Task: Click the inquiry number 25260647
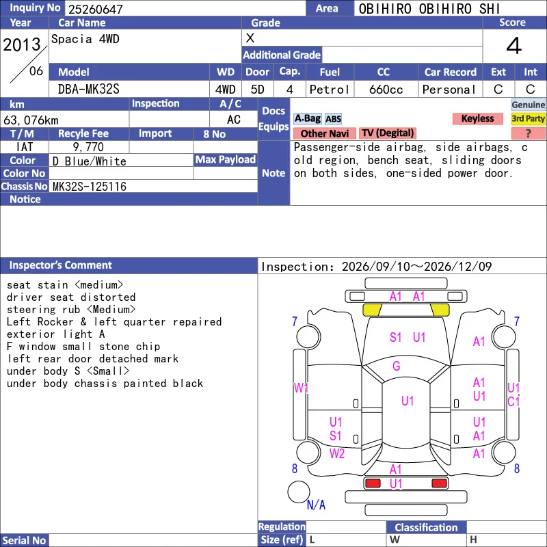click(96, 9)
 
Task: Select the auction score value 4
click(514, 46)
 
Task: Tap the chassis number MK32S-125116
click(90, 187)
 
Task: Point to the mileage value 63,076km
click(31, 120)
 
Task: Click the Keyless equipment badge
click(477, 118)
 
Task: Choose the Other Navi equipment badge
click(324, 133)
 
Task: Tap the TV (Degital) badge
click(388, 133)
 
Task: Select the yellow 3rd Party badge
click(528, 118)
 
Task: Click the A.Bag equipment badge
click(307, 118)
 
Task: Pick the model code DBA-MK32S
click(89, 90)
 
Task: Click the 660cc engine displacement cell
click(386, 90)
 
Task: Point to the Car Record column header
click(451, 72)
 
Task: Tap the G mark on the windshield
click(397, 366)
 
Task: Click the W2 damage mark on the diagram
click(337, 453)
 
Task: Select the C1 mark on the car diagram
click(513, 401)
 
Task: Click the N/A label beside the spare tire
click(316, 505)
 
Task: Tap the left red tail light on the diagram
click(373, 483)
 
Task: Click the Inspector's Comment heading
click(61, 265)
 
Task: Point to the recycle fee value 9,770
click(88, 147)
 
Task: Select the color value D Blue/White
click(90, 161)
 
